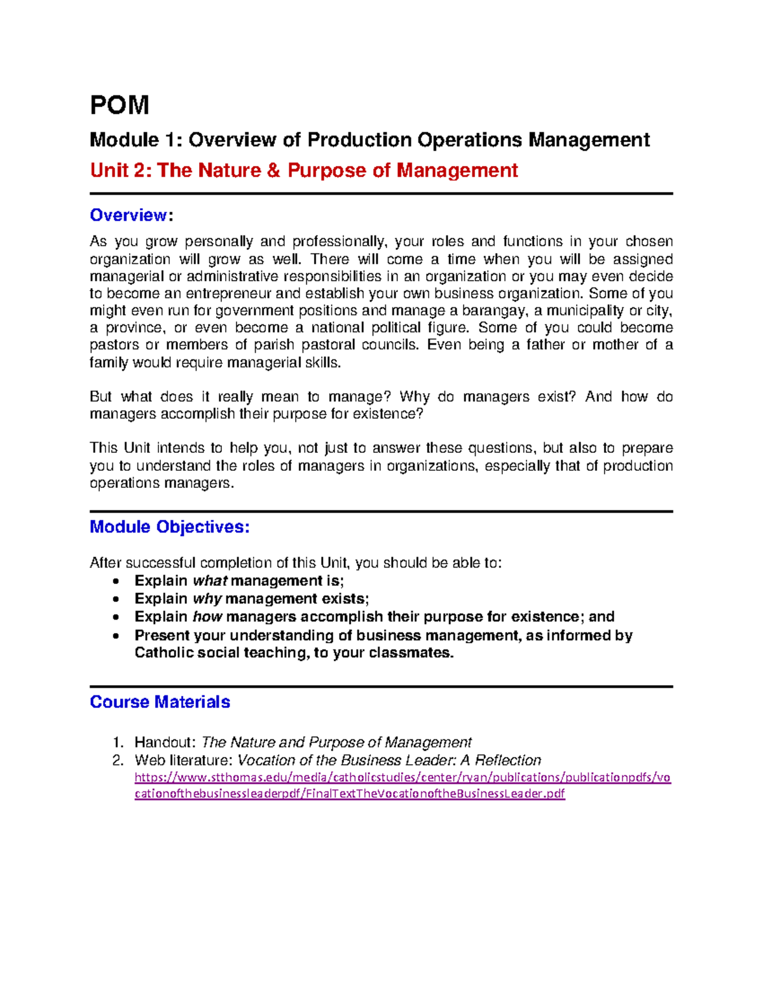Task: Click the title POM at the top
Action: (120, 105)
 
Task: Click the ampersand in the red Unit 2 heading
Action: (273, 170)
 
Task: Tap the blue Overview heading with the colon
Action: (131, 215)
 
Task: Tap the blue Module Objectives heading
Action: (169, 527)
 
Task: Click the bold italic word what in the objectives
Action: (210, 581)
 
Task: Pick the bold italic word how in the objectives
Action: (207, 616)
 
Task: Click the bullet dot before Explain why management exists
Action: (115, 599)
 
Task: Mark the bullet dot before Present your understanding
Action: (115, 636)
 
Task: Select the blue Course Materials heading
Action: (160, 702)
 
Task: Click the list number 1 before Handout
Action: (116, 742)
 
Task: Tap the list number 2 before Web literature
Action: (117, 760)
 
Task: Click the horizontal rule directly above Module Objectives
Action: (381, 511)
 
